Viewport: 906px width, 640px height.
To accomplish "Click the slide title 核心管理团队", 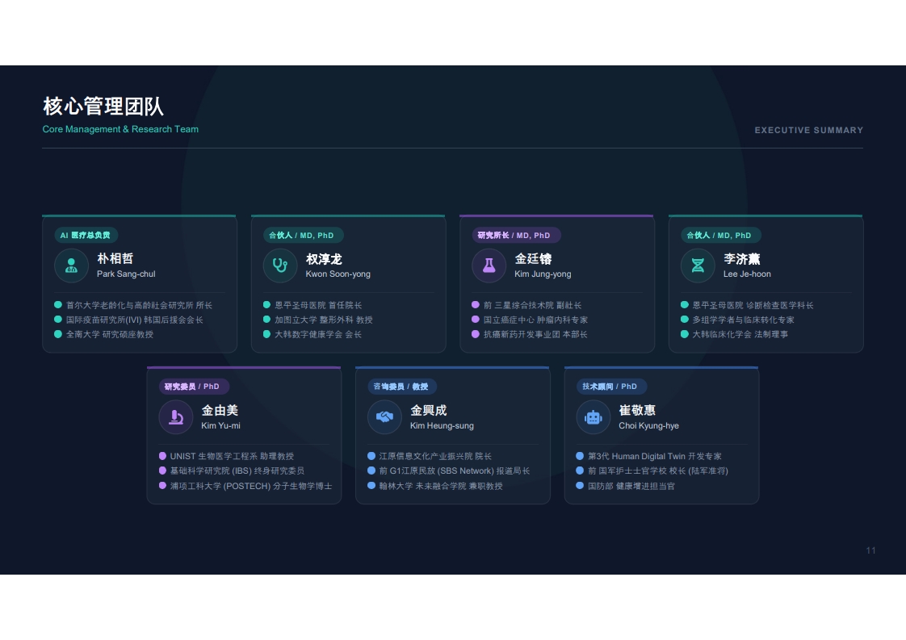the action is tap(103, 107).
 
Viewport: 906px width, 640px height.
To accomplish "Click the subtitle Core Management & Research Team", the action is tap(120, 129).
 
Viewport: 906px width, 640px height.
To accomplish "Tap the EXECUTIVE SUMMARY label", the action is tap(809, 131).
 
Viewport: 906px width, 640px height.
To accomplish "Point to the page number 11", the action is tap(870, 550).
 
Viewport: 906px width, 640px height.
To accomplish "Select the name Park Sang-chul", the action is tap(126, 274).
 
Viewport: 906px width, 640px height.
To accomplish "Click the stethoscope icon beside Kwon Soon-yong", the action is tap(280, 266).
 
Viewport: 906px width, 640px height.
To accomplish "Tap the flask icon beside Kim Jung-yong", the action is tap(489, 266).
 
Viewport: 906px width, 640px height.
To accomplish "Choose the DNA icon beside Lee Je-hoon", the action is tap(698, 266).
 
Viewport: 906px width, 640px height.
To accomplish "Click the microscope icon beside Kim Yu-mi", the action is tap(176, 417).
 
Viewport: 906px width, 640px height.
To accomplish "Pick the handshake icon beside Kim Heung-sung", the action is tap(385, 416).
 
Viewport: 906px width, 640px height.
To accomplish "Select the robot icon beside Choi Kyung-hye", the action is tap(594, 417).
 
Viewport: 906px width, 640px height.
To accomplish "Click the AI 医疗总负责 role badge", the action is tap(86, 235).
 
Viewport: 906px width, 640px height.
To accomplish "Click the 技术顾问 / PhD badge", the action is tap(610, 387).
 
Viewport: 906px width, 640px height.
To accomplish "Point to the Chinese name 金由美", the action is tap(220, 410).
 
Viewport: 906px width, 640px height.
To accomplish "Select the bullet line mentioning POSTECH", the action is tap(251, 486).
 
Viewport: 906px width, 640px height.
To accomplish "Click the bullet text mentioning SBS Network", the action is tap(454, 471).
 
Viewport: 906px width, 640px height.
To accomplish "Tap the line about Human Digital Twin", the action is tap(655, 456).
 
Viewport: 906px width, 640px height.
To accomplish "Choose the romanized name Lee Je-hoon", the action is tap(747, 274).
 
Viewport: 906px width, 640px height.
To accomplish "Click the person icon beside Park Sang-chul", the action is tap(71, 266).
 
